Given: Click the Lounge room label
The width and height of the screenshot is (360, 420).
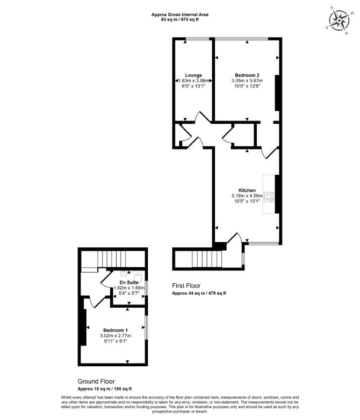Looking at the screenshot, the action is click(x=193, y=75).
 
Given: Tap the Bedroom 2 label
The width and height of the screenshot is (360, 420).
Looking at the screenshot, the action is click(x=247, y=75).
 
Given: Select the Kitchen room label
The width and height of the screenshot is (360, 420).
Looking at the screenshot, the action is click(x=247, y=190).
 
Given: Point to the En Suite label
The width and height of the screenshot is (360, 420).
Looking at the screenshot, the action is click(x=129, y=282).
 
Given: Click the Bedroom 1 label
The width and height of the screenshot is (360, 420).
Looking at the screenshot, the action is click(x=116, y=330).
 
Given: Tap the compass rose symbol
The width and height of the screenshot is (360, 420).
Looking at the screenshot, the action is click(x=339, y=20).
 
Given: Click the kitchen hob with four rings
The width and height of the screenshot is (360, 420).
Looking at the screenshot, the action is click(x=269, y=197).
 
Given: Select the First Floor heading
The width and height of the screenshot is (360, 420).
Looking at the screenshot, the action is click(x=186, y=286).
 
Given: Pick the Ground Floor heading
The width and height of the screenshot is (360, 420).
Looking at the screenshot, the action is click(x=96, y=381).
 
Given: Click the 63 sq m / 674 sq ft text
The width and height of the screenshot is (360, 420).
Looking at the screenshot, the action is click(x=179, y=19).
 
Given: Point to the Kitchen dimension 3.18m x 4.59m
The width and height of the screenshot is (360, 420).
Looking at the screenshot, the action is click(x=247, y=196).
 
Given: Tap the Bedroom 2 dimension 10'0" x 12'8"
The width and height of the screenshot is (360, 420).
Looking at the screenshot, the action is click(x=247, y=86).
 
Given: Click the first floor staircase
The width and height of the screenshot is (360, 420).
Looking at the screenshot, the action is click(x=207, y=259).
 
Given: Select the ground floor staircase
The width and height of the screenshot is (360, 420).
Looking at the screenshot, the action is click(x=112, y=259).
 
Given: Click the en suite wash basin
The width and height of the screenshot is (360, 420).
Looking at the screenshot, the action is click(x=124, y=274).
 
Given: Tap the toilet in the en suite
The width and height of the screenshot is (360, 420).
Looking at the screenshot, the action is click(x=138, y=276).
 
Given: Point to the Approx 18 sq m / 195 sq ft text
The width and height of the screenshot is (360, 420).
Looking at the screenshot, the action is click(x=105, y=389).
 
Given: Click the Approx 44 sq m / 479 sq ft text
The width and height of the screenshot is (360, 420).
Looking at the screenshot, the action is click(x=199, y=293).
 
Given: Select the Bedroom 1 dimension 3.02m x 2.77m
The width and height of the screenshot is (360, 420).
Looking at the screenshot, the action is click(x=116, y=336).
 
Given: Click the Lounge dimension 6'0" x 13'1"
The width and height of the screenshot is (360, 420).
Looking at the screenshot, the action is click(x=193, y=86).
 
